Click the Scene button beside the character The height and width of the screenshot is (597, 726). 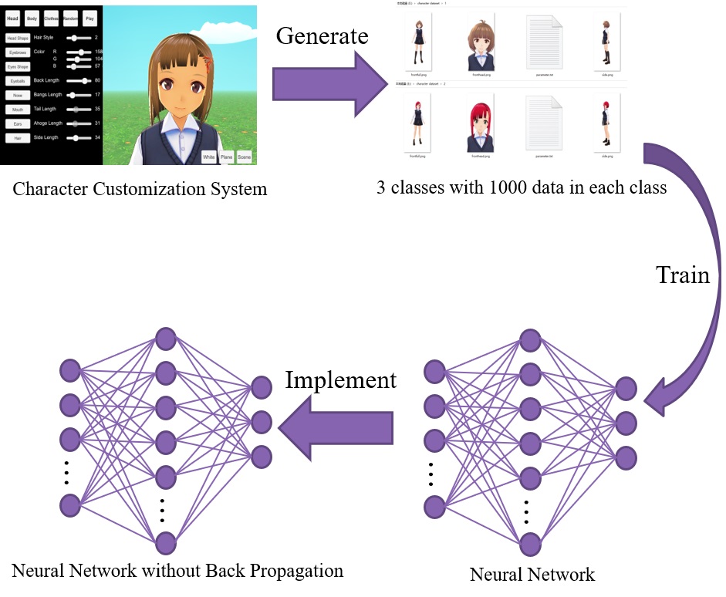pos(245,157)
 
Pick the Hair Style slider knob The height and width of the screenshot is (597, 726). pos(74,37)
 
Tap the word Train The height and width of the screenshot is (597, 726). pos(682,275)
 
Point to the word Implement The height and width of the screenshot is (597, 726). pos(340,380)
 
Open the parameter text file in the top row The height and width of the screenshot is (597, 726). pos(544,42)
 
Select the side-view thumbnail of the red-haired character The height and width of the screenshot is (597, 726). pos(606,123)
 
